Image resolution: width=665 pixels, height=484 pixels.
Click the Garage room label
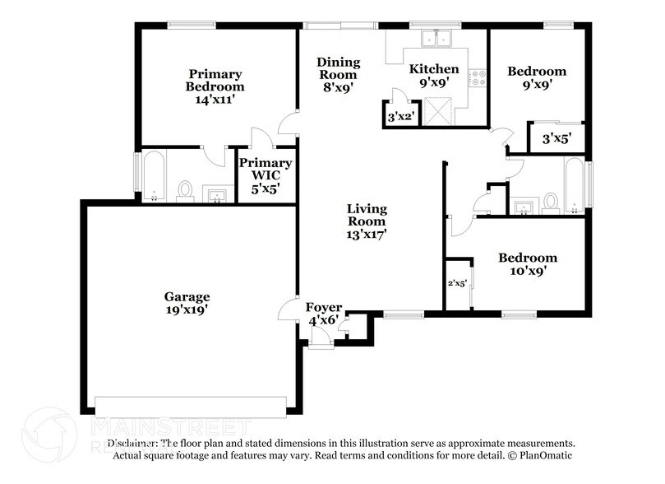[187, 296]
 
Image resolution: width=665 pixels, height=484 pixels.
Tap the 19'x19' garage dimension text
[187, 310]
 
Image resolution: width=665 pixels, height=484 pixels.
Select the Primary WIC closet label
[266, 163]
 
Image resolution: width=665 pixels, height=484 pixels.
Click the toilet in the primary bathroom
[186, 190]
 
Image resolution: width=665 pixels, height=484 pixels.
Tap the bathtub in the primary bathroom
[154, 175]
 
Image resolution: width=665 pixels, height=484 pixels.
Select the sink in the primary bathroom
[217, 194]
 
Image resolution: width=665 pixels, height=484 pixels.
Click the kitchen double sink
[436, 39]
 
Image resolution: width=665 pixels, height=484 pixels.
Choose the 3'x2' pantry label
[400, 117]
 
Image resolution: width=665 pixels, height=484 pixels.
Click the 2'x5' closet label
[457, 284]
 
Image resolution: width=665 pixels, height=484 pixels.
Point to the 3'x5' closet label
[556, 138]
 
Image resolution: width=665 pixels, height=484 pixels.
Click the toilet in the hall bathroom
[550, 201]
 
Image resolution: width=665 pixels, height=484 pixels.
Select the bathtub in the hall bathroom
[574, 184]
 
